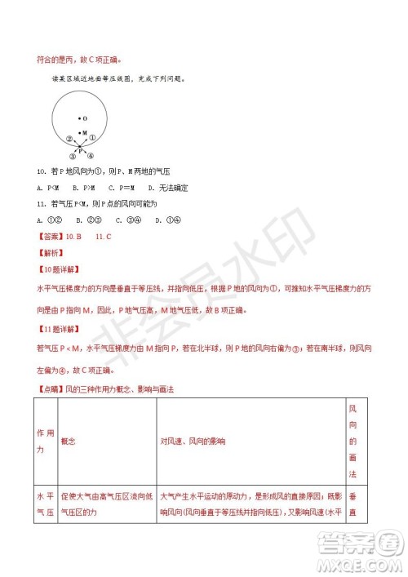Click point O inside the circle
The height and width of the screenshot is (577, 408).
[x=83, y=118]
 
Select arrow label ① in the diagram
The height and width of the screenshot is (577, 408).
[x=93, y=139]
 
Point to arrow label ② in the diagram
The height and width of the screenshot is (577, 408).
[x=69, y=140]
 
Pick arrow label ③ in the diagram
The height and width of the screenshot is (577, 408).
[x=73, y=156]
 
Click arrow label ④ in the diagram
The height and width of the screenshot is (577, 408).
[x=91, y=156]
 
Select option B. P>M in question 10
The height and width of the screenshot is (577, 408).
[x=78, y=188]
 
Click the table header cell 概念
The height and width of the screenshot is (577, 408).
[x=68, y=441]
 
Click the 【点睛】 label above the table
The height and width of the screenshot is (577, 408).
[x=48, y=389]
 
